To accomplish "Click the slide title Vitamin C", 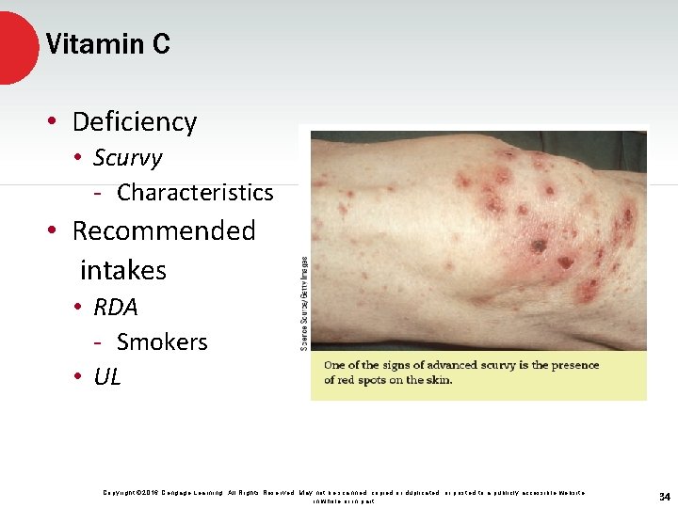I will [x=107, y=44].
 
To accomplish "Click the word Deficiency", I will [x=134, y=122].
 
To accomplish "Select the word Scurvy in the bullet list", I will [x=127, y=158].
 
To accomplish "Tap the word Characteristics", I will [x=195, y=193].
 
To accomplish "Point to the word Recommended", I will [x=164, y=231].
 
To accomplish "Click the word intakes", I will [x=122, y=271].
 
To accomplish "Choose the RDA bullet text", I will [x=115, y=308].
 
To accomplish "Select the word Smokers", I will [x=162, y=342].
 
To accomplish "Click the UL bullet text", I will [x=107, y=377].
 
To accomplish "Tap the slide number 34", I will [x=665, y=497].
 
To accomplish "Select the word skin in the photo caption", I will [x=437, y=380].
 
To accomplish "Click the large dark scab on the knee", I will [x=539, y=246].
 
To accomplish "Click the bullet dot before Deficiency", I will [x=56, y=122].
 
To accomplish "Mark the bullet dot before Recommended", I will [x=56, y=231].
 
